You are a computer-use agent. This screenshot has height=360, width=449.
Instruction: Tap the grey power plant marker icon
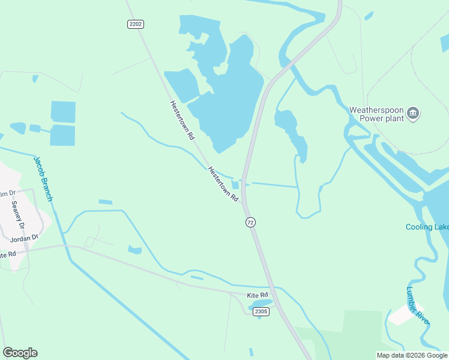pos(413,113)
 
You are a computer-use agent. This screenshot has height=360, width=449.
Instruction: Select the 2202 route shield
pos(136,24)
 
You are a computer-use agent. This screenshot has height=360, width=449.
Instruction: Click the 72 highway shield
pos(250,222)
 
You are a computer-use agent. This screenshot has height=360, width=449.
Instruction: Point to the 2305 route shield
pos(261,311)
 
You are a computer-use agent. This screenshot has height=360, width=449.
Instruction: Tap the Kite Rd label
pos(257,296)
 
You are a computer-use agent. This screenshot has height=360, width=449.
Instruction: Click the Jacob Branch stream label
pos(44,178)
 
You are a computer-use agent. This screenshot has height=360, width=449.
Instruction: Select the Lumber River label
pos(418,306)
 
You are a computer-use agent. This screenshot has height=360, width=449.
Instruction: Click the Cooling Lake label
pos(427,227)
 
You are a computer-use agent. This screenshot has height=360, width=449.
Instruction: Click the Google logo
pos(20,353)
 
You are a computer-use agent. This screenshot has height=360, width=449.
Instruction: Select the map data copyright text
pos(412,355)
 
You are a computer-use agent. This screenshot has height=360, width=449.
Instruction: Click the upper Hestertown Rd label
pos(182,120)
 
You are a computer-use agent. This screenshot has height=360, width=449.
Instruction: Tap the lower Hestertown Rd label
pos(223,183)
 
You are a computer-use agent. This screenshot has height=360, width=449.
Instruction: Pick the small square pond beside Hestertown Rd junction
pos(235,185)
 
